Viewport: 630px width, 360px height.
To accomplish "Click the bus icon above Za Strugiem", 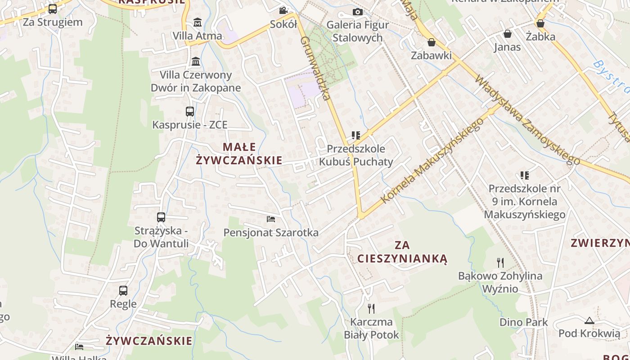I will click(x=53, y=9).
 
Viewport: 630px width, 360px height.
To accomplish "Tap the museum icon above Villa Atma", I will click(x=197, y=22).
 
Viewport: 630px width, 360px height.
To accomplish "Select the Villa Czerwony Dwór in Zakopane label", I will click(x=196, y=81).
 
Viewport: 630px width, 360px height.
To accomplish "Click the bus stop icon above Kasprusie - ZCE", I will click(x=190, y=111).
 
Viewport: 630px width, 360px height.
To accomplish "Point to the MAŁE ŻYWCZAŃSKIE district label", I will click(x=239, y=153).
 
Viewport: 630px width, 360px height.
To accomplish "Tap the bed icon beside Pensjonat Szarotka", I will click(x=271, y=219).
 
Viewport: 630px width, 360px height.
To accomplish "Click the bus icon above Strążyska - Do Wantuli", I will click(x=161, y=217).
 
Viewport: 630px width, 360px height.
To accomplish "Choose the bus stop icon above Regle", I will click(x=123, y=291).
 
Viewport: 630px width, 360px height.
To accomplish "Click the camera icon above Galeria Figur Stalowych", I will click(x=358, y=12).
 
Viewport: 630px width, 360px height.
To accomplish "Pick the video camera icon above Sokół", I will click(x=283, y=10).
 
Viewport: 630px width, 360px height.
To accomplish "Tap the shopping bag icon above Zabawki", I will click(x=432, y=42).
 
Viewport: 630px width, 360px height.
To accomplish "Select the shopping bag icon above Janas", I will click(x=508, y=34).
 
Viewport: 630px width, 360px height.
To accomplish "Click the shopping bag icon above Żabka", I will click(x=540, y=23).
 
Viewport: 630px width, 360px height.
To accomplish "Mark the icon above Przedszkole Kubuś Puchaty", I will click(x=356, y=135).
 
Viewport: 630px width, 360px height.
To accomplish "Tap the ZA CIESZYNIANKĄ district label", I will click(x=402, y=252).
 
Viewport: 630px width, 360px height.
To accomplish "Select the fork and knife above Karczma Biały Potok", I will click(x=371, y=309).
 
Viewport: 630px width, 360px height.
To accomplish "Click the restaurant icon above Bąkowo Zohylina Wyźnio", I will click(x=500, y=262).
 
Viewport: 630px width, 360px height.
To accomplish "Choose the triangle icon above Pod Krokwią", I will click(x=589, y=320).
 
